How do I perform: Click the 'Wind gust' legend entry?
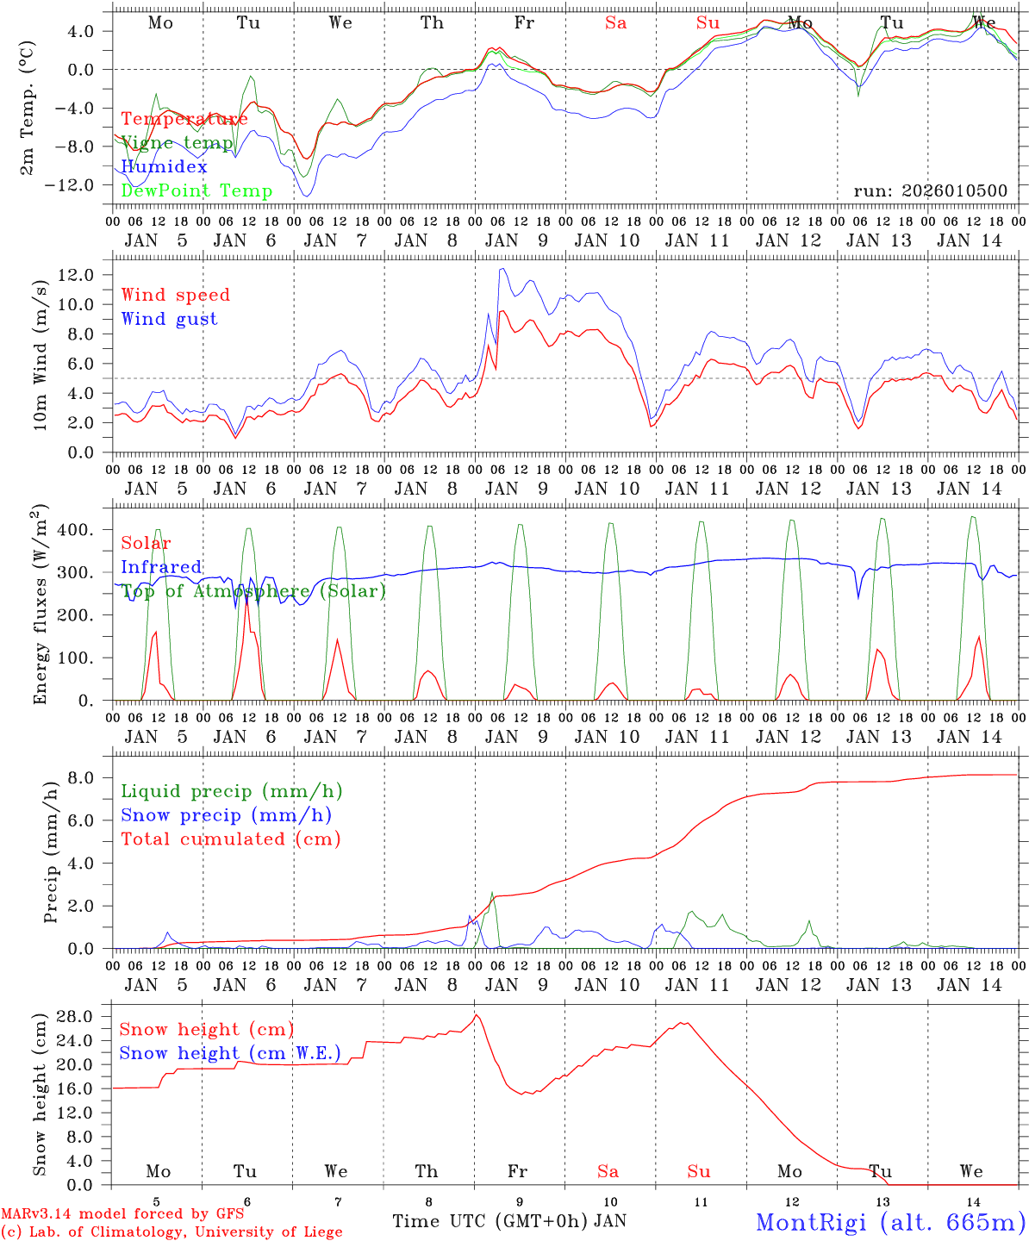[169, 319]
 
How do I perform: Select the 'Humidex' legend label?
[164, 166]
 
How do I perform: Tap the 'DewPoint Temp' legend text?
[196, 190]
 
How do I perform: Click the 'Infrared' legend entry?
[161, 567]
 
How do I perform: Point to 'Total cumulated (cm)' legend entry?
[230, 839]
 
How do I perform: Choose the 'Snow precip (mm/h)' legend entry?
[226, 815]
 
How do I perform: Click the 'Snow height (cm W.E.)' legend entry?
[230, 1053]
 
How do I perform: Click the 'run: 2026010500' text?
[930, 190]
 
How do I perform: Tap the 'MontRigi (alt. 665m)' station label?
[890, 1221]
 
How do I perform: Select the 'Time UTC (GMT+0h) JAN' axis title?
[508, 1221]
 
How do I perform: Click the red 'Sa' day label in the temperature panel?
[615, 23]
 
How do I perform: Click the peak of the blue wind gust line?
[502, 269]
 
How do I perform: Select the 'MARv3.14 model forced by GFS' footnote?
[122, 1214]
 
